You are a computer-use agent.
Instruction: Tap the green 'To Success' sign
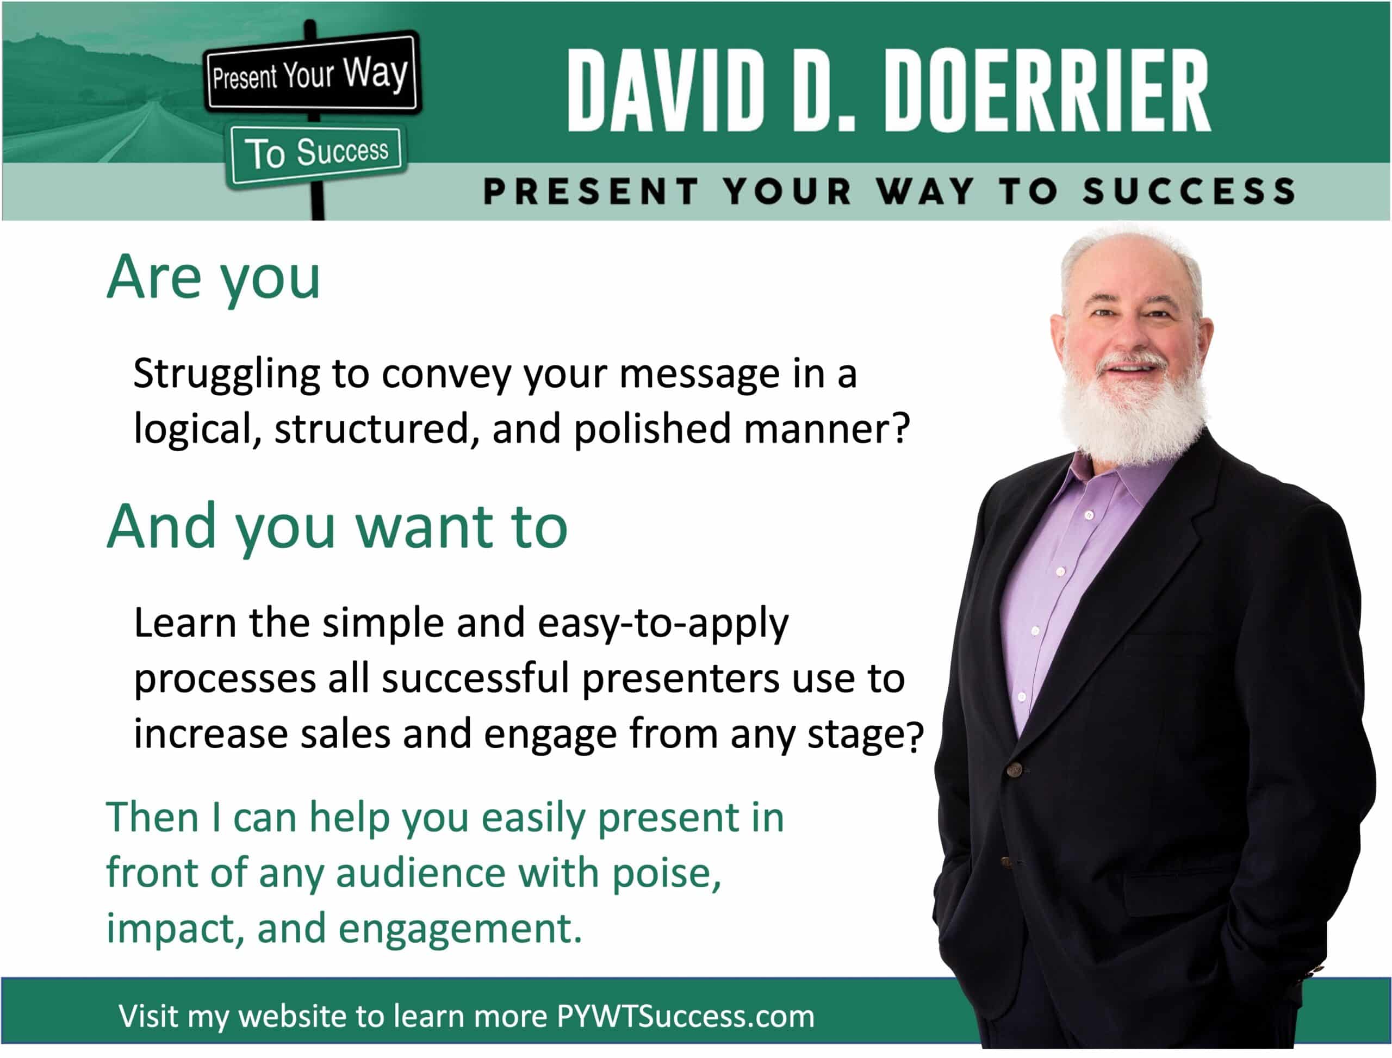point(316,154)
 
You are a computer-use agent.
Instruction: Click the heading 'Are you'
point(214,278)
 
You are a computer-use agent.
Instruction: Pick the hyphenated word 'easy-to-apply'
point(663,625)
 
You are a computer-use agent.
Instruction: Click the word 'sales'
point(345,735)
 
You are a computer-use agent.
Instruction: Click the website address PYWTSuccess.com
point(685,1017)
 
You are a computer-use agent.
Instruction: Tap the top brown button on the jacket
point(1014,769)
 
